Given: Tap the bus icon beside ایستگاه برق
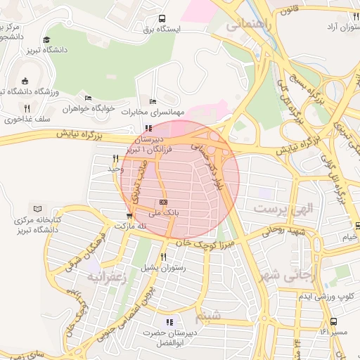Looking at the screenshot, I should click(x=163, y=19).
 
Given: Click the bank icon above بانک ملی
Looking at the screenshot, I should click(x=163, y=202).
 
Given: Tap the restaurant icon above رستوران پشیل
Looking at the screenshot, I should click(x=163, y=257).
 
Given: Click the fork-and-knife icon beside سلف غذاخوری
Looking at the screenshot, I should click(x=27, y=108).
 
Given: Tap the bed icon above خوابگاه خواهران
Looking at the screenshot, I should click(x=88, y=98).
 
